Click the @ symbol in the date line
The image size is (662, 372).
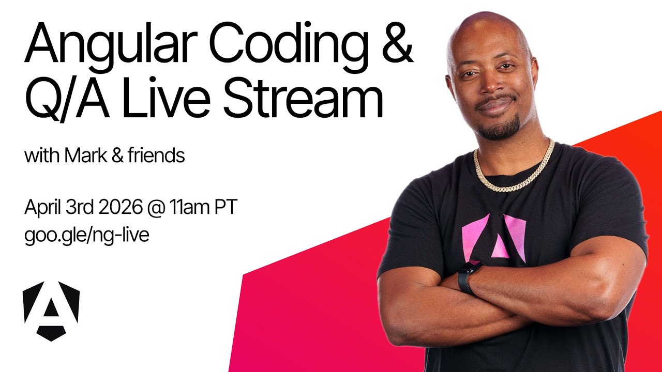157,208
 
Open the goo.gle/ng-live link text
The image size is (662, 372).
86,235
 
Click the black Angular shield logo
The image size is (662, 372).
51,311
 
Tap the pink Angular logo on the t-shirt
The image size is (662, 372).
494,238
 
